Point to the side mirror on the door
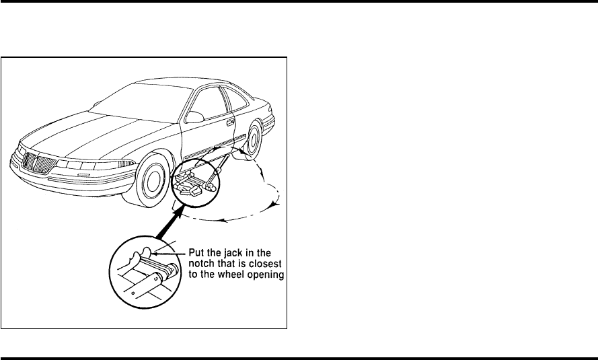click(x=195, y=116)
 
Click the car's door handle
click(x=231, y=123)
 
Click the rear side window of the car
click(x=236, y=100)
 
